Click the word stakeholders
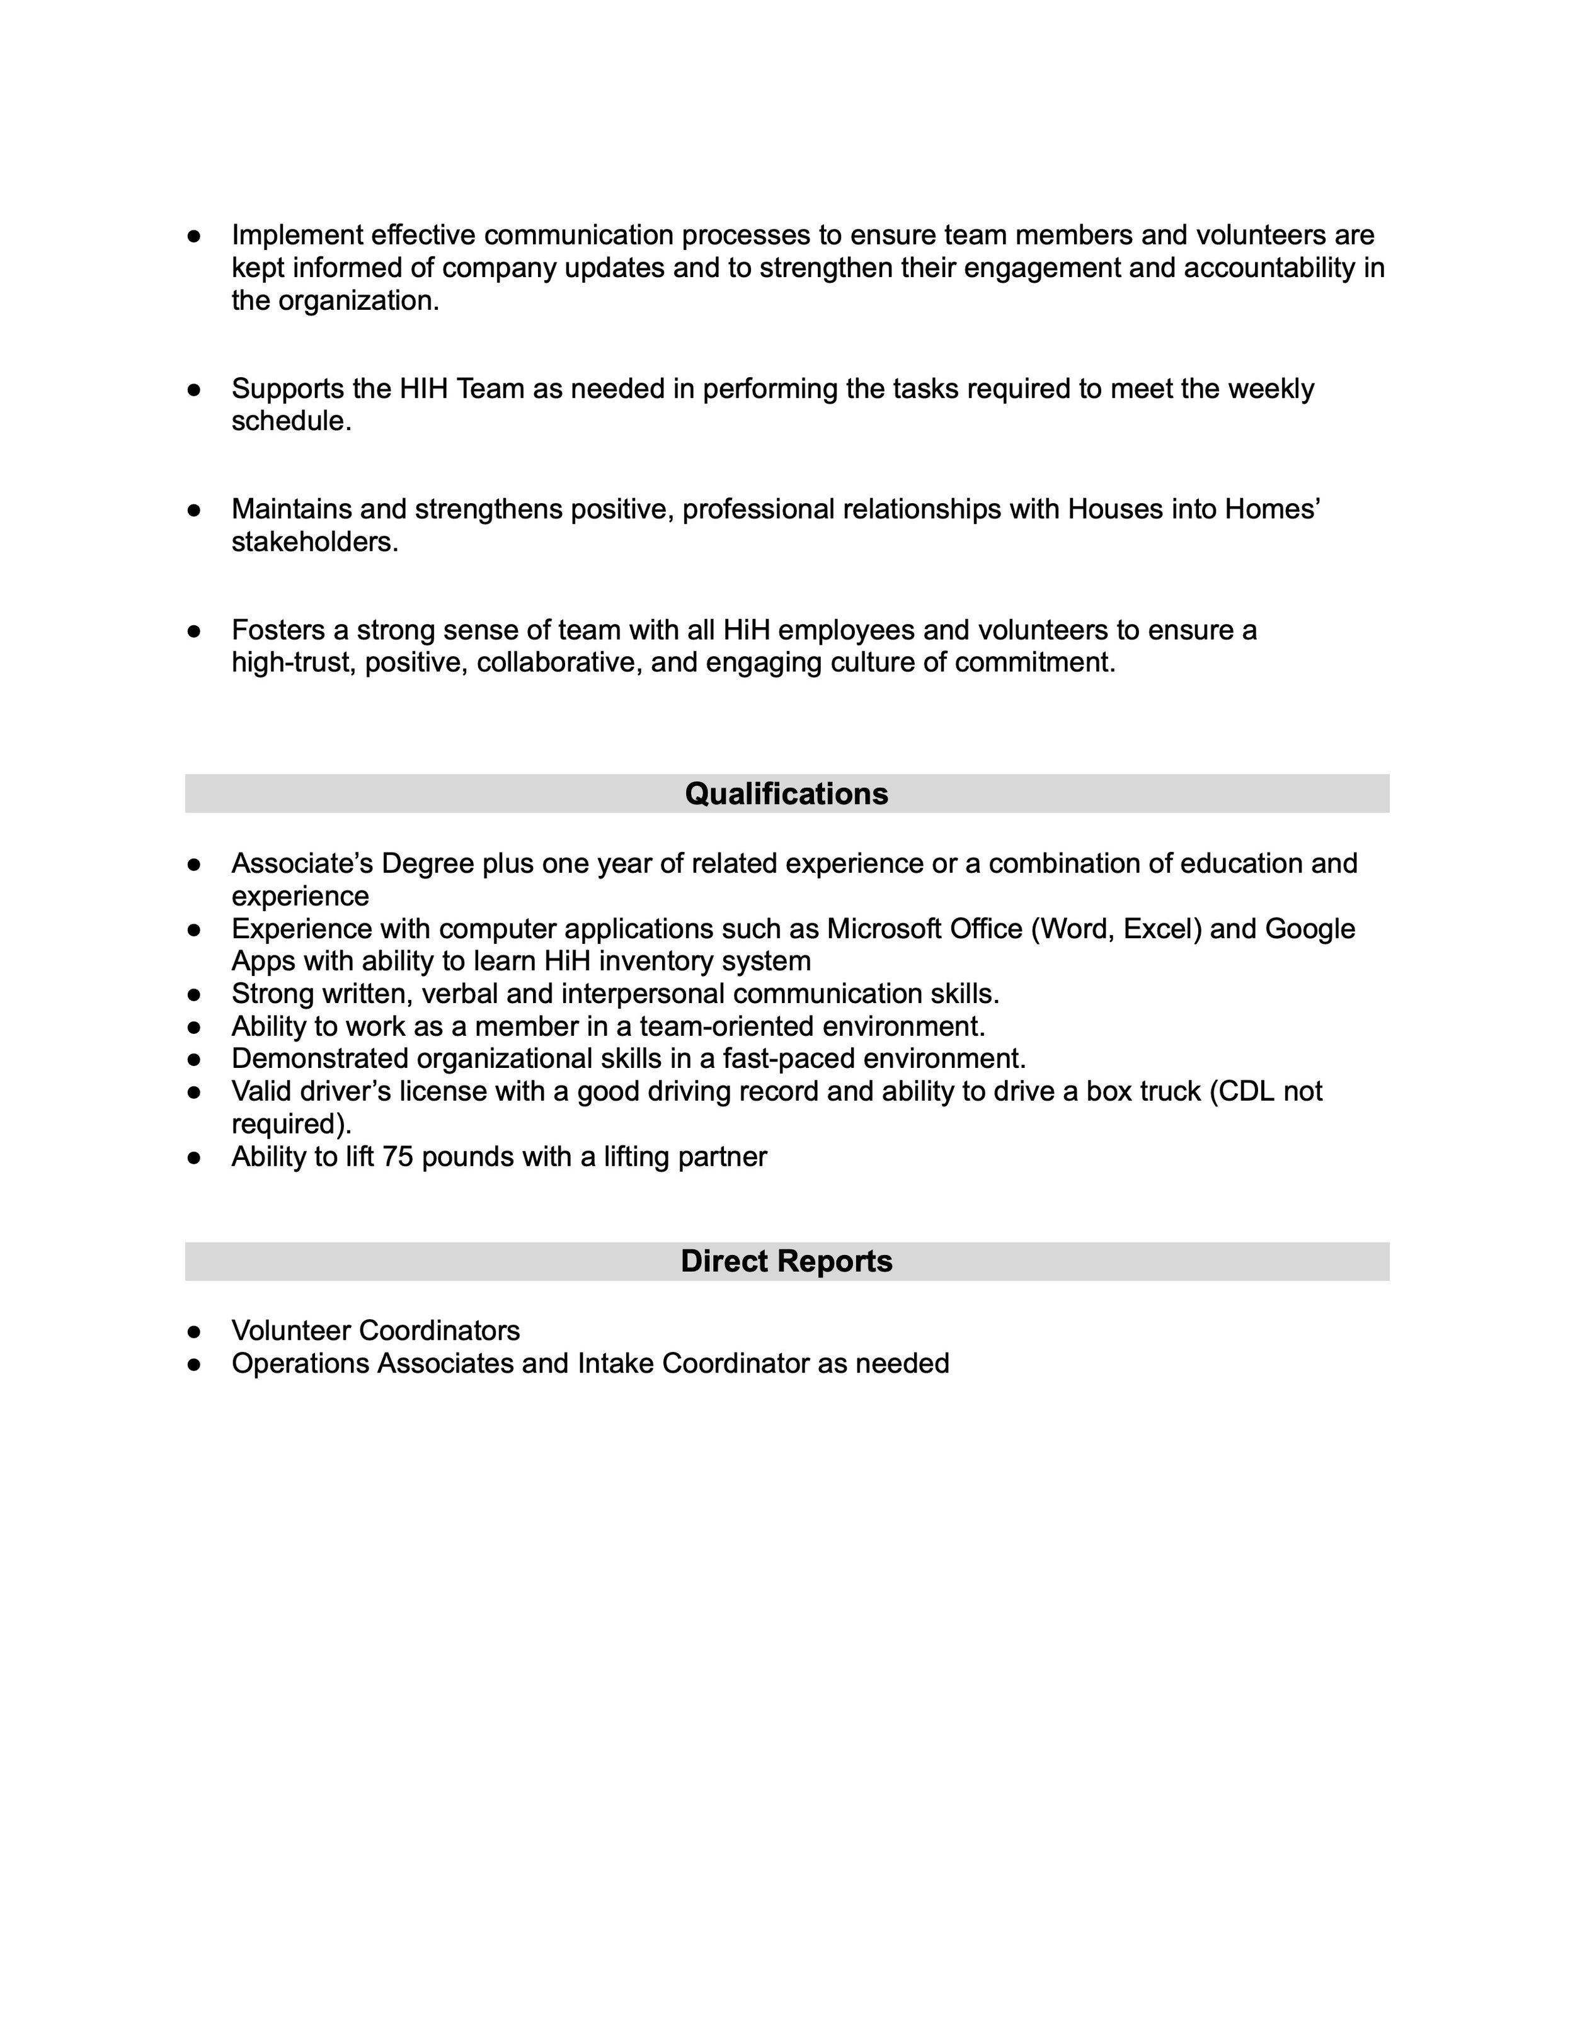314,542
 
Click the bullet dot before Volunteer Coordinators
194,1331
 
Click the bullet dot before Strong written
194,994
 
